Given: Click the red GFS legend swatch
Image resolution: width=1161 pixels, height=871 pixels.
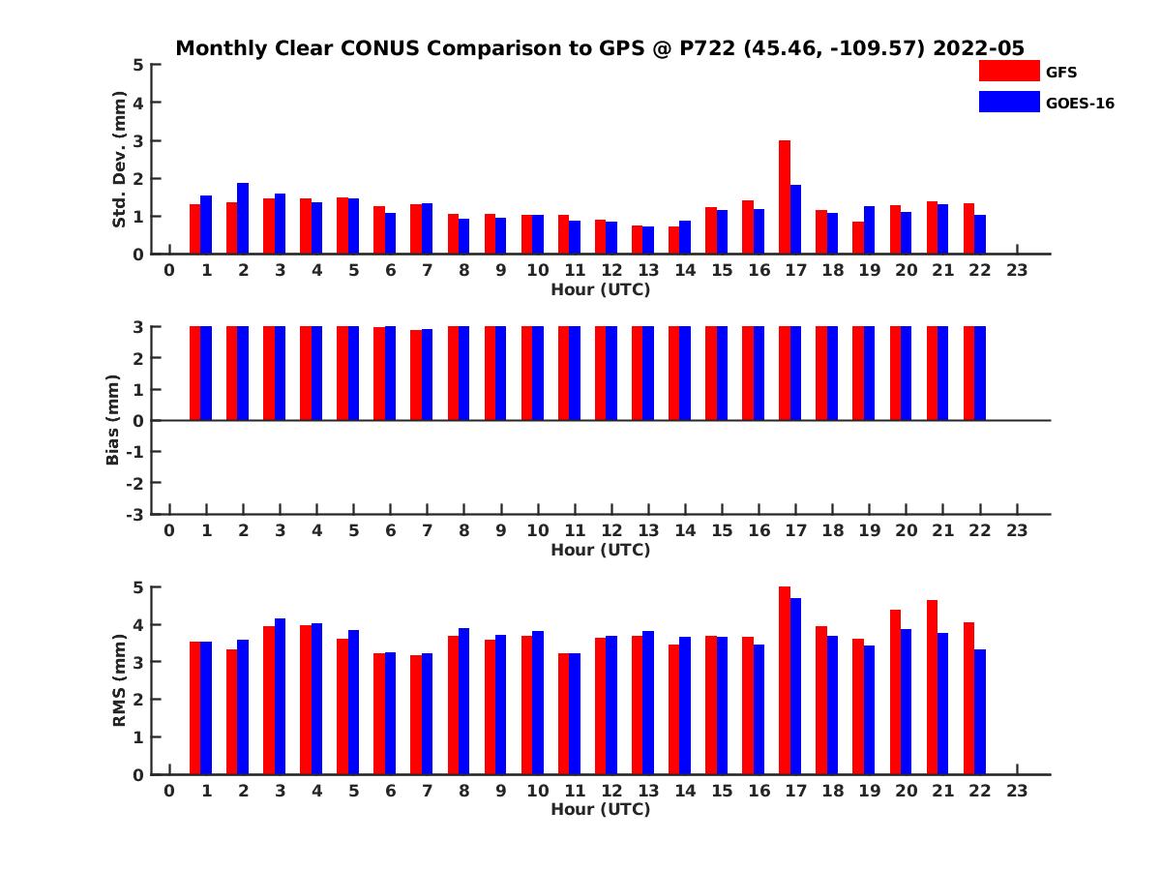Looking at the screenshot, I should click(x=1008, y=71).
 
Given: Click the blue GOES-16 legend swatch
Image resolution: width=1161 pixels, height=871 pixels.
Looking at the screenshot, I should click(x=1008, y=102).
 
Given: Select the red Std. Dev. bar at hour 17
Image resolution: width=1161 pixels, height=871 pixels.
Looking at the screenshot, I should click(x=785, y=197).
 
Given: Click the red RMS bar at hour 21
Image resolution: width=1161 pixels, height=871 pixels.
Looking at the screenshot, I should click(x=932, y=687).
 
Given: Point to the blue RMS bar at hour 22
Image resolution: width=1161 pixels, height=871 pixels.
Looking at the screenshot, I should click(x=980, y=711).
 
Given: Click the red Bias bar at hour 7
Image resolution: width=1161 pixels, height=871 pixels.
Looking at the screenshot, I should click(x=416, y=375).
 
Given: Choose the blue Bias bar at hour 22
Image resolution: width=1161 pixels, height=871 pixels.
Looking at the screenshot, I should click(x=980, y=374).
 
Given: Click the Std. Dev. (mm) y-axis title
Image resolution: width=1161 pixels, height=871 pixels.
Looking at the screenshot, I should click(x=120, y=160).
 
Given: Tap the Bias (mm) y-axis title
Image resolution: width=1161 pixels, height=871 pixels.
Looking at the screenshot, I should click(x=112, y=421).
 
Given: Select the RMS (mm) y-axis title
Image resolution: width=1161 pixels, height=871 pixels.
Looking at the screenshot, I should click(x=120, y=681).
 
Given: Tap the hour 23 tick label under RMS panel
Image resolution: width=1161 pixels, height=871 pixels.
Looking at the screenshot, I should click(x=1017, y=791).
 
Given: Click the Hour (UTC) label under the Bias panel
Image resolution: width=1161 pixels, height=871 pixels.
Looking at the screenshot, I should click(x=600, y=550).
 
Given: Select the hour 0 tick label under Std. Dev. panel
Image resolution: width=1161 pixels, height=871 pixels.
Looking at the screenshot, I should click(x=169, y=270).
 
